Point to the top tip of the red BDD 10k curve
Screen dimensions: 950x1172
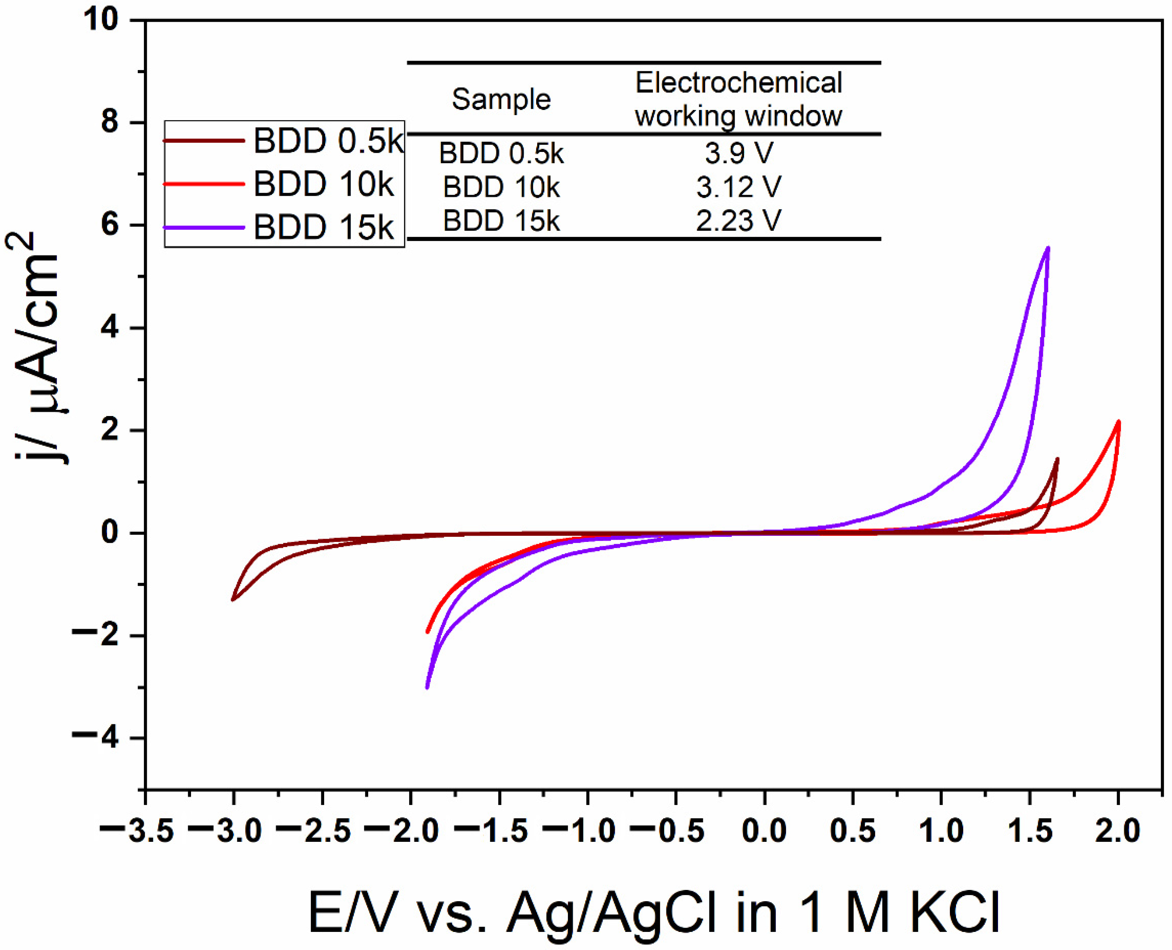1118,422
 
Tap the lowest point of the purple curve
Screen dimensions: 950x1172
427,687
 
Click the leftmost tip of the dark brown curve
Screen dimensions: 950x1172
233,600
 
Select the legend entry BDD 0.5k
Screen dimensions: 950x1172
327,141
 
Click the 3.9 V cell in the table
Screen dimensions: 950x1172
738,153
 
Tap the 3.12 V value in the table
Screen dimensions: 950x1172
738,187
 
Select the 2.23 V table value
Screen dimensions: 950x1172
738,221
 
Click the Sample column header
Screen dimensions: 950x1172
501,99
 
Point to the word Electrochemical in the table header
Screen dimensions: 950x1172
738,83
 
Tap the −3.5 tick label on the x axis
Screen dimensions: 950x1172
137,831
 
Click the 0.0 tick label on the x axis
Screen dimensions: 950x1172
764,831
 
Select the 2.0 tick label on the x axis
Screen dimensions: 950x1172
1117,831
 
